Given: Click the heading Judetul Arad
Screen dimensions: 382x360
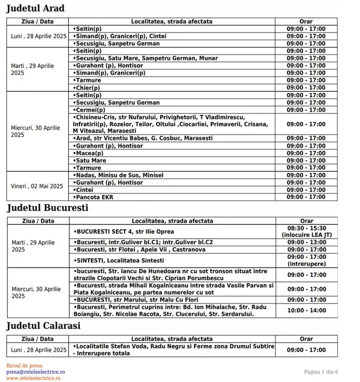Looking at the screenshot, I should tap(35, 8).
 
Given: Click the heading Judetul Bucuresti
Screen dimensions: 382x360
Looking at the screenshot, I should tap(47, 208).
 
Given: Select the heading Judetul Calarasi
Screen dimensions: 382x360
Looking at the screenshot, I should tap(43, 325).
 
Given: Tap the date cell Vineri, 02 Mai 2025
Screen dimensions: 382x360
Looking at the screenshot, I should tap(37, 186).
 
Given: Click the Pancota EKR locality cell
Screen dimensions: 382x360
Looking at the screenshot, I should tap(91, 197).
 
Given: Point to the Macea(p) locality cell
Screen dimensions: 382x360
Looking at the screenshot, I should tap(88, 153).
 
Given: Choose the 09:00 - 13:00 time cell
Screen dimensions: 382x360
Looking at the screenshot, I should tap(306, 242).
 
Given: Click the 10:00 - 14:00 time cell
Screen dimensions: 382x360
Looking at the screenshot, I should tap(306, 310).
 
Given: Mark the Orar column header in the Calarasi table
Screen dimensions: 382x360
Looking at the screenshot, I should tap(306, 339).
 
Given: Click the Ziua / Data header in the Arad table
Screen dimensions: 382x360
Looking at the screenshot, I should tap(38, 21).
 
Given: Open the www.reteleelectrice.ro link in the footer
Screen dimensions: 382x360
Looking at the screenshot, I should tap(33, 378).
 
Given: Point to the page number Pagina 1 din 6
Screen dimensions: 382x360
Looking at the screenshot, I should tap(321, 372).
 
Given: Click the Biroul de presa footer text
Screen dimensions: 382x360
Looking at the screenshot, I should tap(24, 366).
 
